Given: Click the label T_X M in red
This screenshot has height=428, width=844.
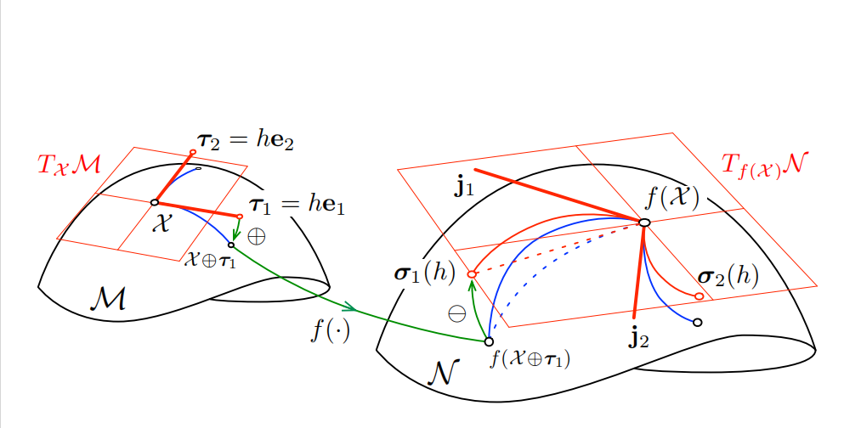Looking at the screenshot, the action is pyautogui.click(x=69, y=164).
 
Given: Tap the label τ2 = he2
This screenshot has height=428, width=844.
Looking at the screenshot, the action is pyautogui.click(x=246, y=141).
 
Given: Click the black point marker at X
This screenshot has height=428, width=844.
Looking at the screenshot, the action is pyautogui.click(x=155, y=202).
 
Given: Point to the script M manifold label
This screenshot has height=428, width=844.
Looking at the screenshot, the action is pyautogui.click(x=108, y=298).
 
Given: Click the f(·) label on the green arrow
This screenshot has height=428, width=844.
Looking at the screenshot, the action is pyautogui.click(x=330, y=329).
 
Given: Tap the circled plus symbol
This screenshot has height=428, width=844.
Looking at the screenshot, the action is pyautogui.click(x=256, y=235).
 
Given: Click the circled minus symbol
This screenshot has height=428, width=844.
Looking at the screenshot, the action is pyautogui.click(x=457, y=313).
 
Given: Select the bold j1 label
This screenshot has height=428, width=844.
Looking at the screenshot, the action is pyautogui.click(x=464, y=187).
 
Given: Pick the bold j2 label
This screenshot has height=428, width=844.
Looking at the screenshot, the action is pyautogui.click(x=639, y=338).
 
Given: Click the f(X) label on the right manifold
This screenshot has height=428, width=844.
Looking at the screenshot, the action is pyautogui.click(x=671, y=198).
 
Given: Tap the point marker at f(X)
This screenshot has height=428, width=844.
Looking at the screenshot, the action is pyautogui.click(x=644, y=222).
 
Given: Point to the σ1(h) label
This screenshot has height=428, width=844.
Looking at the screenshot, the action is pyautogui.click(x=425, y=273).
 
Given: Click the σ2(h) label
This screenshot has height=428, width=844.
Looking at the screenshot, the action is pyautogui.click(x=728, y=276).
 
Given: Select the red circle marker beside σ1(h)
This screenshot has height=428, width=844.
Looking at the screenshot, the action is pyautogui.click(x=472, y=273).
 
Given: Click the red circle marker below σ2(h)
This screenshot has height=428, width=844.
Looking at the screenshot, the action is pyautogui.click(x=699, y=296).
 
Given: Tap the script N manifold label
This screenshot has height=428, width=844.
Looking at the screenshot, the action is pyautogui.click(x=443, y=371).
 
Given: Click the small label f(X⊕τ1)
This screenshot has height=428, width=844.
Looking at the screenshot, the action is pyautogui.click(x=530, y=359).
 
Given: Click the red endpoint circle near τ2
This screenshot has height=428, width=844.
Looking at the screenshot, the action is pyautogui.click(x=193, y=152).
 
